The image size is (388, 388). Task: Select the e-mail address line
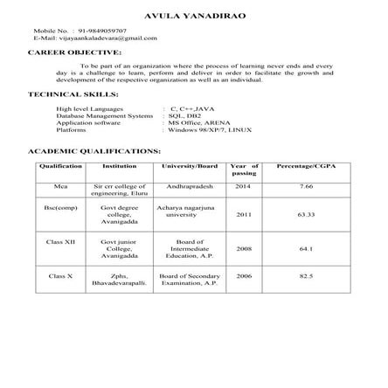pos(94,38)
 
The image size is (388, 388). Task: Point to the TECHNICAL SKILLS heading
pos(73,94)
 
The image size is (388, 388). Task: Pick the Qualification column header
pos(60,165)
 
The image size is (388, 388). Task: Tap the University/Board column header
pos(189,165)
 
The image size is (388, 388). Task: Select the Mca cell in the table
pos(60,186)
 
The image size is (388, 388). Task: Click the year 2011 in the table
pos(244,213)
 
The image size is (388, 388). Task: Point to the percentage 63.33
pos(305,213)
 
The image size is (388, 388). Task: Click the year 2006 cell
pos(244,276)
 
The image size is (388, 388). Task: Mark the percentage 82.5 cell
pos(305,276)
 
